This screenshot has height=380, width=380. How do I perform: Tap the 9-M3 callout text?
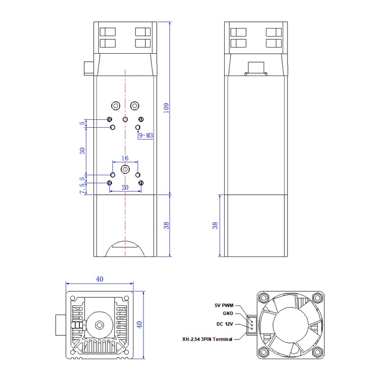click(x=145, y=135)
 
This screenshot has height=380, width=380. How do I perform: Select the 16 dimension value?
click(x=125, y=158)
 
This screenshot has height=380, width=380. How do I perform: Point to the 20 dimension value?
click(x=125, y=188)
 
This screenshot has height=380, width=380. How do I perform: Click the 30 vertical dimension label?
click(x=82, y=151)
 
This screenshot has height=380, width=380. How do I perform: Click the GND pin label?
click(x=228, y=313)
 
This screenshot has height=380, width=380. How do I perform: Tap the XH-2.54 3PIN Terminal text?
click(x=208, y=340)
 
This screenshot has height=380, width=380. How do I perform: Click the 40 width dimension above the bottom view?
click(x=99, y=280)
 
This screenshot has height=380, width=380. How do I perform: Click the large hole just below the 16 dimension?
click(x=125, y=169)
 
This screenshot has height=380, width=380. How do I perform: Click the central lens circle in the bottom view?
click(x=100, y=324)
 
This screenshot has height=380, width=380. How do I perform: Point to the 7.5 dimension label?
click(x=82, y=189)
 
